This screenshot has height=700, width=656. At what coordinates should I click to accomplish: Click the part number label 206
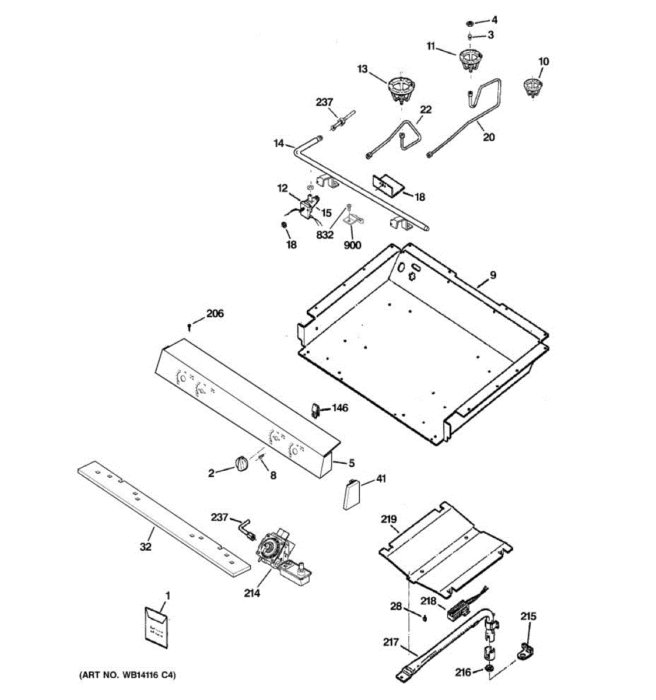(215, 313)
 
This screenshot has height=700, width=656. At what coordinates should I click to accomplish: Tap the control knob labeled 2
(241, 463)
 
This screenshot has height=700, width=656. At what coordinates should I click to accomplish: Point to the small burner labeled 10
(532, 87)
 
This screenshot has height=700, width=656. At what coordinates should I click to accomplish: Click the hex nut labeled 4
(469, 23)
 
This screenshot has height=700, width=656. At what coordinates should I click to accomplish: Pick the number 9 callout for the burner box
(493, 275)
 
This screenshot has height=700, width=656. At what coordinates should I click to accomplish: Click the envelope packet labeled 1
(156, 628)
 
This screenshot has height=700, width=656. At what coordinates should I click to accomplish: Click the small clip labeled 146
(315, 410)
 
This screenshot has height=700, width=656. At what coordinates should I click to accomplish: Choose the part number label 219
(388, 519)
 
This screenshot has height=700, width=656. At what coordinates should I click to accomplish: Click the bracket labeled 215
(525, 649)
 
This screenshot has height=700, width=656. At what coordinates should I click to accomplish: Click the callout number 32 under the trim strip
(146, 547)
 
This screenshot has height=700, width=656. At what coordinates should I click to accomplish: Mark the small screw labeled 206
(190, 328)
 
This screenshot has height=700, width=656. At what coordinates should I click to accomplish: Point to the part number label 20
(489, 136)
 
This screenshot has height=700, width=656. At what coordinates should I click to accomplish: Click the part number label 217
(391, 642)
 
